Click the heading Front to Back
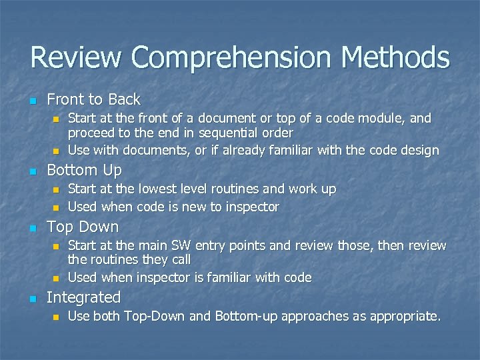(93, 100)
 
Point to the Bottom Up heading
(84, 171)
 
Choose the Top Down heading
(83, 227)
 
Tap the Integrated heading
(83, 297)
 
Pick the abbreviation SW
(185, 245)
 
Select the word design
(419, 151)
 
